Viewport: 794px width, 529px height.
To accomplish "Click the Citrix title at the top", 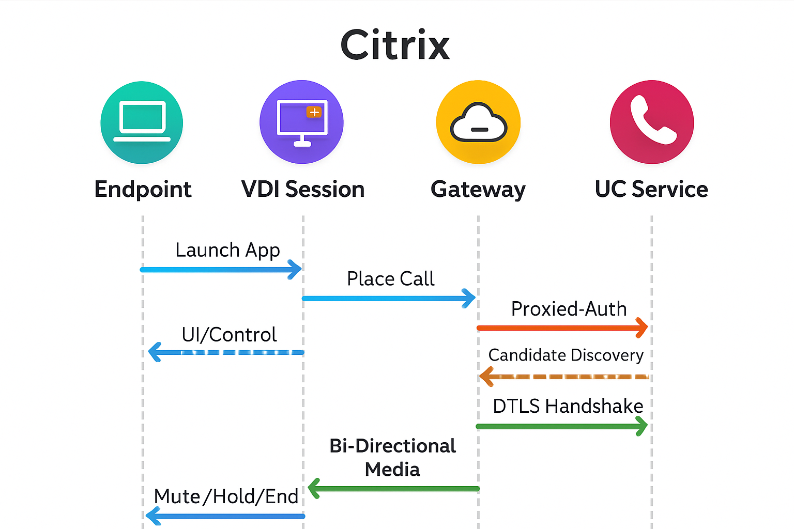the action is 395,44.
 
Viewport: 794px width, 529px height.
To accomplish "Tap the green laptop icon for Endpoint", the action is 142,122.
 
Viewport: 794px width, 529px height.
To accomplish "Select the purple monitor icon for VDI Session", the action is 302,122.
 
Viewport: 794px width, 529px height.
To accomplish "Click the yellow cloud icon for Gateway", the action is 478,122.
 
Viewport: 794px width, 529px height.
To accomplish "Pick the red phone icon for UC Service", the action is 652,122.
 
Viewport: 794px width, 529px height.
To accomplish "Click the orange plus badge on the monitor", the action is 314,112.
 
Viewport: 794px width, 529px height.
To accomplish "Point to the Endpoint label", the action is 143,190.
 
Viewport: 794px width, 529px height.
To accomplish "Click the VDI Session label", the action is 303,189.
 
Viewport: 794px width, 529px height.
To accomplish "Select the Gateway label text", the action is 478,190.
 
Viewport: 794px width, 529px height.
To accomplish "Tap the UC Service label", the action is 651,189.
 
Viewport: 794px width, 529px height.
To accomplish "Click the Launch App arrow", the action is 221,270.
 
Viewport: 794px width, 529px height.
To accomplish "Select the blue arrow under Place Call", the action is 389,299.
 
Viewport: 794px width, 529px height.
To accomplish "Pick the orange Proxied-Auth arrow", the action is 562,328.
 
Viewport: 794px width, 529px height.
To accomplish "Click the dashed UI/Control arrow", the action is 226,352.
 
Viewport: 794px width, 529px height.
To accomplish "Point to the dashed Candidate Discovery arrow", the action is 564,377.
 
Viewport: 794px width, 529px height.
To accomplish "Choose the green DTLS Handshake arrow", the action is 562,426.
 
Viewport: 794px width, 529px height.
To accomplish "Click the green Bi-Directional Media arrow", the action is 393,489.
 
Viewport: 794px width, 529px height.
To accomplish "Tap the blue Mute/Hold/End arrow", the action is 225,516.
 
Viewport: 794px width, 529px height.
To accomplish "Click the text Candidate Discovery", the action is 566,355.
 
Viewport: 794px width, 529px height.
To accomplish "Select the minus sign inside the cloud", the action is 479,130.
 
